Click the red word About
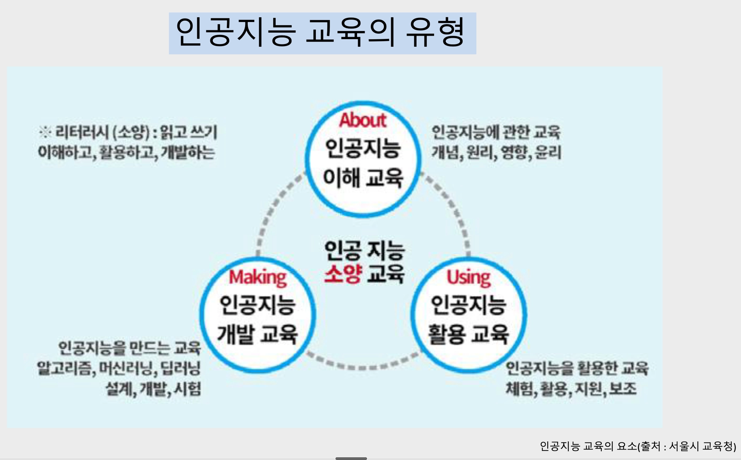coord(363,121)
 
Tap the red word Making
coord(258,278)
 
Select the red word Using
coord(469,278)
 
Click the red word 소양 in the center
coord(342,274)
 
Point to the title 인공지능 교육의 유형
coord(321,33)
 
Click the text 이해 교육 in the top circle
coord(363,178)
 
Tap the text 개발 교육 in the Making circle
coord(258,334)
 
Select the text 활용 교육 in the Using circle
coord(469,334)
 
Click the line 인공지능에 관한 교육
coord(496,132)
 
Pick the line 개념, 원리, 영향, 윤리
coord(496,152)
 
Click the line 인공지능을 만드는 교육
coord(129,348)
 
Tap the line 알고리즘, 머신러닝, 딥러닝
coord(119,368)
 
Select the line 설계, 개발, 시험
coord(153,389)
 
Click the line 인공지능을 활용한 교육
coord(577,368)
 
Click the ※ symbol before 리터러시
coord(45,132)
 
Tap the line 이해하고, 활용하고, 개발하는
coord(126,152)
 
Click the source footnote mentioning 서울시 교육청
coord(638,446)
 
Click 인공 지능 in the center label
coord(364,250)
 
